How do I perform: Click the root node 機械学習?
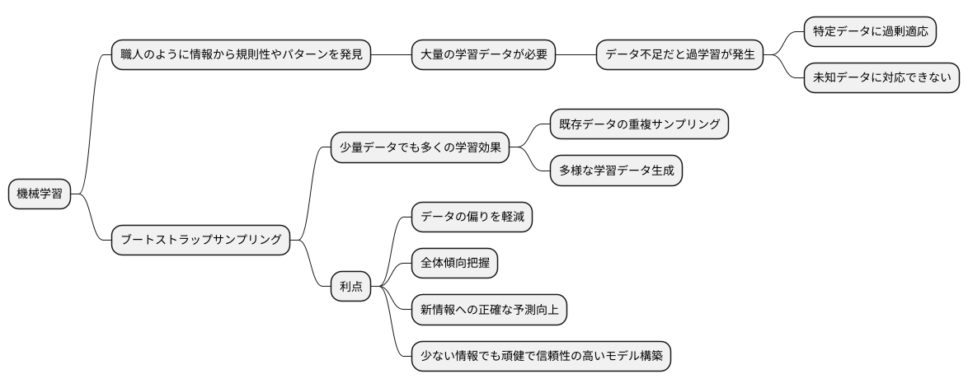(39, 194)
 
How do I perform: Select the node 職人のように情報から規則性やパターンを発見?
(240, 56)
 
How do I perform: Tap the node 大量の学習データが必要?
(483, 56)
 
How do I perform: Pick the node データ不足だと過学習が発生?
(679, 56)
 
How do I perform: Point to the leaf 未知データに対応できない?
(881, 78)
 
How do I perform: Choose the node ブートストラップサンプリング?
(200, 241)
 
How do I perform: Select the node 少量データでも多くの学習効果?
(419, 148)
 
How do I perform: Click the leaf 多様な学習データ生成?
(616, 171)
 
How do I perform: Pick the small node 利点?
(350, 287)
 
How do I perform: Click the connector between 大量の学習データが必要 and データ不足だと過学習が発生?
(576, 56)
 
